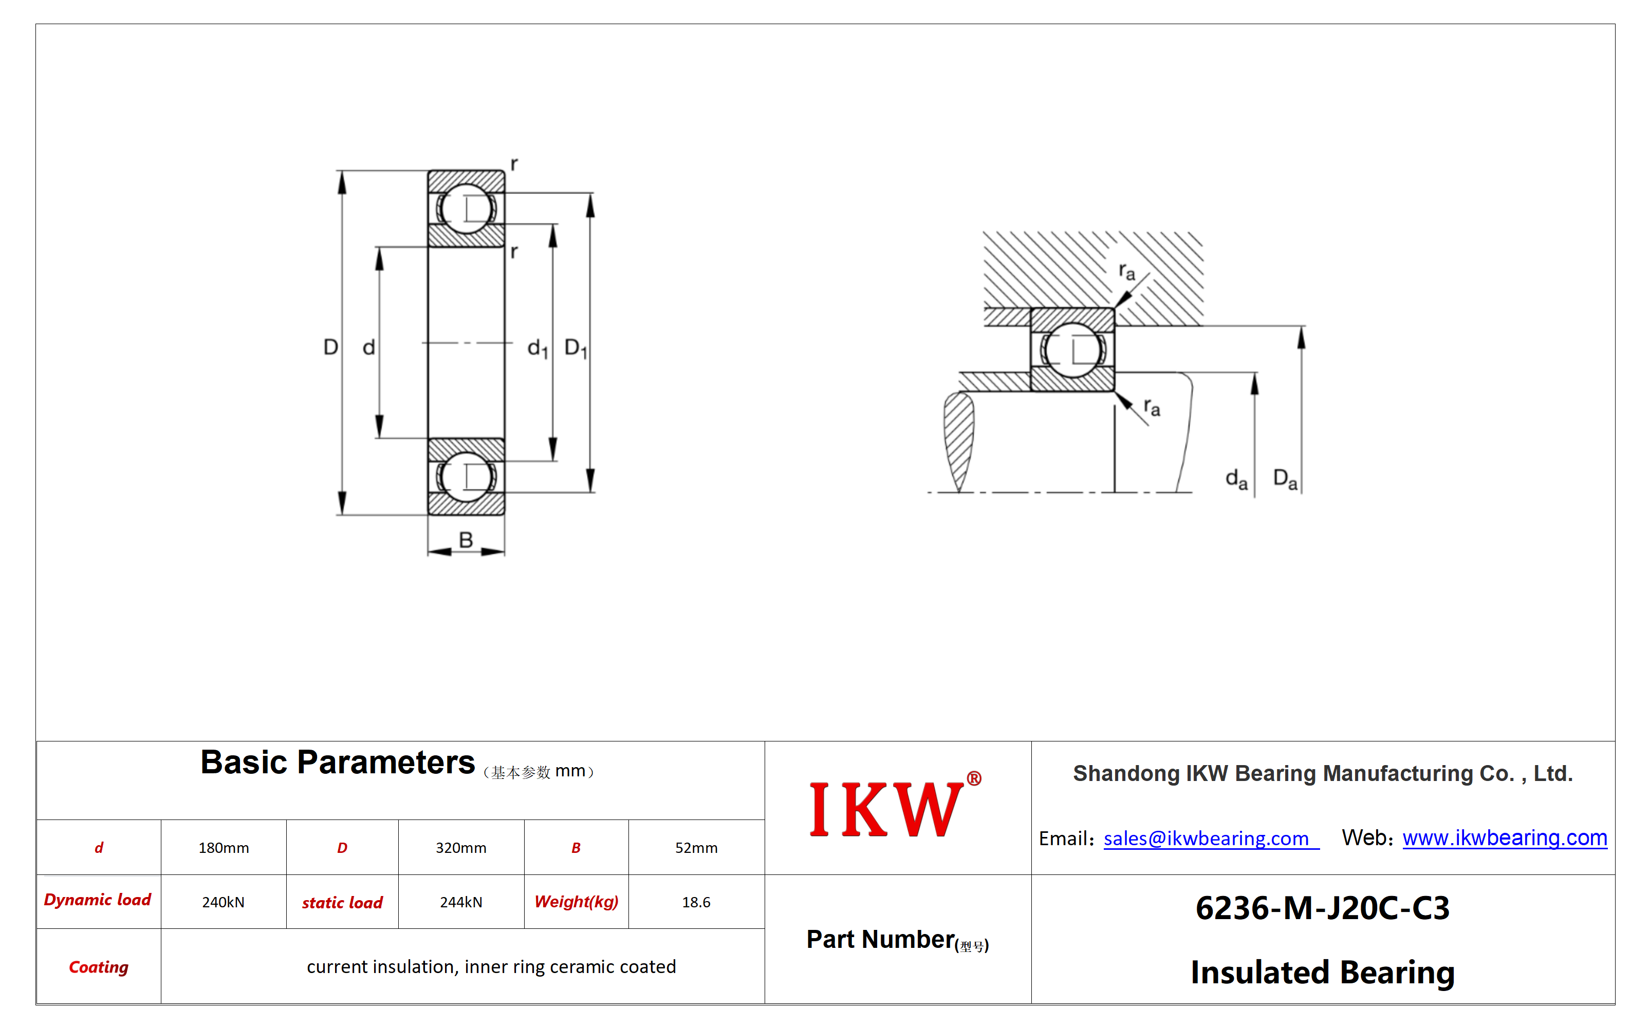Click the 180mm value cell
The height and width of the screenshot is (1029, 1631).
click(224, 848)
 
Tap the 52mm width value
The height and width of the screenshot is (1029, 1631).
click(696, 848)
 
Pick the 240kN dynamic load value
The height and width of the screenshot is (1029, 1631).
click(223, 902)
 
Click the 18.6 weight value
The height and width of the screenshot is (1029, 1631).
click(696, 902)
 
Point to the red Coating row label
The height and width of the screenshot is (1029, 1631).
click(99, 967)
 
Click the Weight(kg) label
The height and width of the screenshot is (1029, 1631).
click(577, 902)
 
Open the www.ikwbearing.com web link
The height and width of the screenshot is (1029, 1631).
click(1505, 837)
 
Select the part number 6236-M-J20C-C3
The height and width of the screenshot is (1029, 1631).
click(1322, 908)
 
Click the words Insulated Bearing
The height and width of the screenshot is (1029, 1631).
click(1322, 972)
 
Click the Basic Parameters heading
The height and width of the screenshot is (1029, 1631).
click(337, 763)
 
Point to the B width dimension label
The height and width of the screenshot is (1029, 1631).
click(466, 540)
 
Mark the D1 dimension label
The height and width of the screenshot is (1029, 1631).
click(576, 348)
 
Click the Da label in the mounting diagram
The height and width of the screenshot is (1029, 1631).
click(1285, 479)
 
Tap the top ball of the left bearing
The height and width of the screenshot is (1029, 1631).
click(466, 208)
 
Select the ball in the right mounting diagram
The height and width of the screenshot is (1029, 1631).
click(1073, 350)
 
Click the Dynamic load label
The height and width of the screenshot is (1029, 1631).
click(98, 900)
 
